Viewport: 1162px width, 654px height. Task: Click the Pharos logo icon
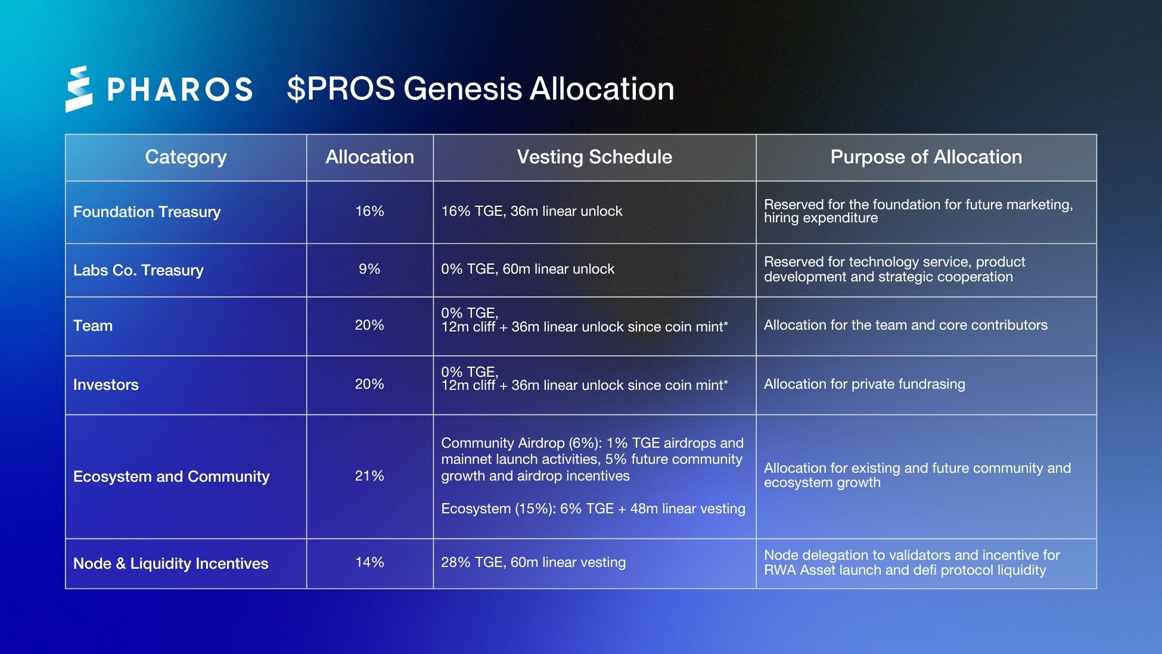(79, 89)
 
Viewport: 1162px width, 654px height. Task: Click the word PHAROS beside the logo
(179, 89)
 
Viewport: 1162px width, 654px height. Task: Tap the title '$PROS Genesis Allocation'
(480, 89)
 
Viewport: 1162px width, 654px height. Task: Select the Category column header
(186, 157)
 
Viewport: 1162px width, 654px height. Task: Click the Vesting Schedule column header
(594, 157)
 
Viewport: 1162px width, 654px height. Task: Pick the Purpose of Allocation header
(926, 157)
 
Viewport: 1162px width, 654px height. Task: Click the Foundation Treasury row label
(147, 212)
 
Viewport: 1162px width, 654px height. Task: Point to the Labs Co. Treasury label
(138, 270)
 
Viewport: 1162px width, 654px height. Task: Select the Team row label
(93, 326)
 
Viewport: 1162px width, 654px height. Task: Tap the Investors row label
(106, 385)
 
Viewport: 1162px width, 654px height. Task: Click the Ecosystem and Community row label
(171, 476)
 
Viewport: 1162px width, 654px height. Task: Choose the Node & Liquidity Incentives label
(170, 563)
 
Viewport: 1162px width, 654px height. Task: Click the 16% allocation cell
(369, 211)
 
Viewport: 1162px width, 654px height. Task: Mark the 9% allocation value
(369, 269)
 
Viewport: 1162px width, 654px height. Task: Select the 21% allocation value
(369, 476)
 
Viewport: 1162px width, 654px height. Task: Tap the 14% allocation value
(369, 562)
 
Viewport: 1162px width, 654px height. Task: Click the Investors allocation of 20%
(369, 384)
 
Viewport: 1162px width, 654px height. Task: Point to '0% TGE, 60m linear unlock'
(527, 269)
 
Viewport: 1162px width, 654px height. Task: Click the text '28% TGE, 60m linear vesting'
(533, 562)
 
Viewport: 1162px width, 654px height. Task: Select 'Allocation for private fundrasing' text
(864, 384)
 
